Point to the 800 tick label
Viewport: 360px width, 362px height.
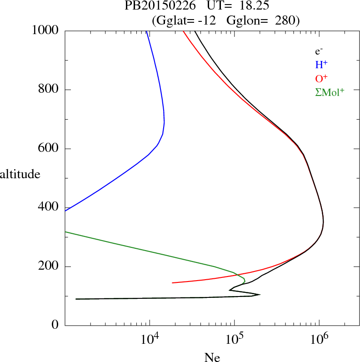(49, 90)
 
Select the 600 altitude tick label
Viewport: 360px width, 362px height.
(49, 149)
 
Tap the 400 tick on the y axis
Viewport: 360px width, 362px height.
(49, 208)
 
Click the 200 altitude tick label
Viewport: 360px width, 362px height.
(49, 267)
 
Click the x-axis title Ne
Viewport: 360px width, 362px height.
(212, 357)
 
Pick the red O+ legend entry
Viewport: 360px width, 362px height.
(322, 78)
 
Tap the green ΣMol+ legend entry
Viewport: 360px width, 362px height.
(329, 92)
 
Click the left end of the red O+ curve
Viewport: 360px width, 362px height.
(173, 283)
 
